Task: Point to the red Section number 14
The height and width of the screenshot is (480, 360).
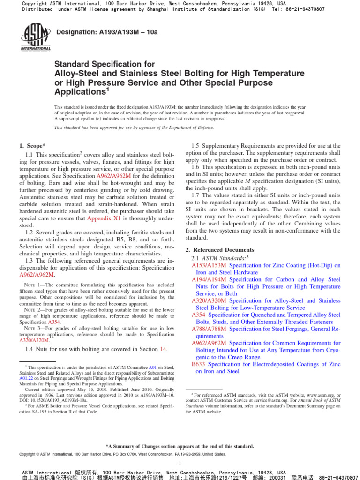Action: tap(164, 349)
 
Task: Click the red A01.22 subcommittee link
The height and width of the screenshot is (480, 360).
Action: tap(25, 378)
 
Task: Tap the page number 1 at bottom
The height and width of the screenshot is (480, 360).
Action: tap(180, 463)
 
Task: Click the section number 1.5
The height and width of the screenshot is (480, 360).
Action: tap(196, 146)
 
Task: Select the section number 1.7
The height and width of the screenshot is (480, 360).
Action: tap(196, 195)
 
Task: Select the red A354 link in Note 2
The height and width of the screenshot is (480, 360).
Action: tap(54, 322)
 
